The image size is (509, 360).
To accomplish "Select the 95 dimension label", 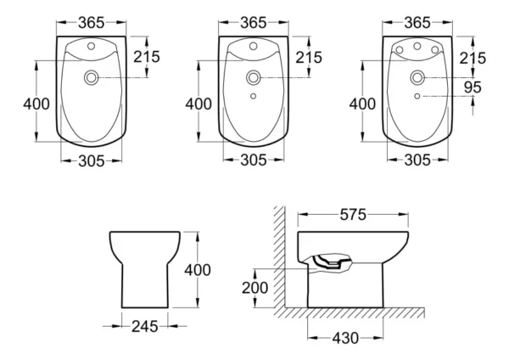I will (473, 87).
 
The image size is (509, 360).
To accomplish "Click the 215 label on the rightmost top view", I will (473, 58).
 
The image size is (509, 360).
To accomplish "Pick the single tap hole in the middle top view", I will (253, 50).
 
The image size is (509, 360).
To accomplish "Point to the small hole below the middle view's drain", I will (253, 97).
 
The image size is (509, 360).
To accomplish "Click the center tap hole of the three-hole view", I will (417, 48).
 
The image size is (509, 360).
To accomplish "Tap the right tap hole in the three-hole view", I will (434, 51).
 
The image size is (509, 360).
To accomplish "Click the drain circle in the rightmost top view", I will (417, 79).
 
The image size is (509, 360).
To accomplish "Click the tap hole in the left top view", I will (90, 50).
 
